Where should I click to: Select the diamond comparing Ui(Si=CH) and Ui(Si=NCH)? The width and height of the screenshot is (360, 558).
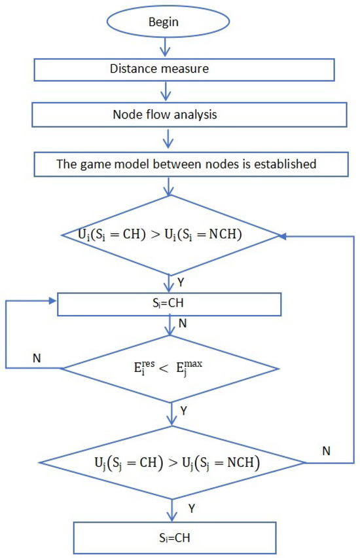(171, 234)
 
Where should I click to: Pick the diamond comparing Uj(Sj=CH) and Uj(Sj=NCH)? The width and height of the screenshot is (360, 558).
(171, 464)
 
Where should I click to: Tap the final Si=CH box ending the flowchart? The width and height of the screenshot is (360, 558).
(171, 538)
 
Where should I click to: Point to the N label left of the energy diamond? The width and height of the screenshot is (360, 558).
(37, 359)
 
